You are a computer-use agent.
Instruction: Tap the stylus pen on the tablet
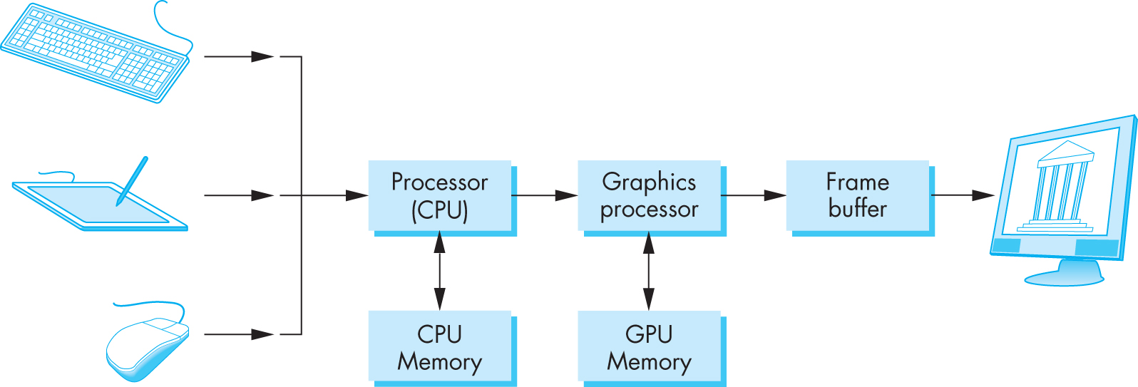pyautogui.click(x=132, y=181)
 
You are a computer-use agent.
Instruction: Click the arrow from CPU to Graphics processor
pyautogui.click(x=544, y=195)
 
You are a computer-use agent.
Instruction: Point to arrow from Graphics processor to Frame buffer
pyautogui.click(x=754, y=195)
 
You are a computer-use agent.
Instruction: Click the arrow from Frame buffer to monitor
pyautogui.click(x=963, y=195)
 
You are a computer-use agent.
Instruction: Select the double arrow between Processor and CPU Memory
pyautogui.click(x=439, y=271)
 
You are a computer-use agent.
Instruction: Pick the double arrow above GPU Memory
pyautogui.click(x=648, y=271)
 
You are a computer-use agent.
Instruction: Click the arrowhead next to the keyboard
pyautogui.click(x=262, y=56)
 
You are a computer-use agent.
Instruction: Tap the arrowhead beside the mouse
pyautogui.click(x=262, y=334)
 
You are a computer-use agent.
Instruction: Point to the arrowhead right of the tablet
pyautogui.click(x=262, y=195)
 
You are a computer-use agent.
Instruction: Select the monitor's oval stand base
pyautogui.click(x=1065, y=277)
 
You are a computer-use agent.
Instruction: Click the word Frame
pyautogui.click(x=858, y=182)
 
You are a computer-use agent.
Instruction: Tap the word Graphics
pyautogui.click(x=649, y=182)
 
